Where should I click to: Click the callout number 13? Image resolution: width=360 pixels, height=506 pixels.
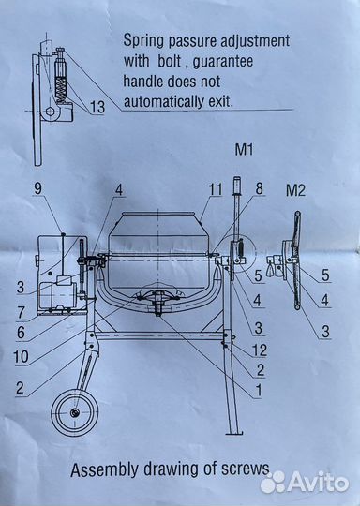tap(97, 107)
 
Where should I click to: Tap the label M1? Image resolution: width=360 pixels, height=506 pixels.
tap(244, 149)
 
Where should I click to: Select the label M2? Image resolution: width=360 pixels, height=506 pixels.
tap(295, 190)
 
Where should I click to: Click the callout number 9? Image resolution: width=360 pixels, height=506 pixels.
tap(37, 188)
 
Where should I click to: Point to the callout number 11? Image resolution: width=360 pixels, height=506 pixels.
tap(216, 189)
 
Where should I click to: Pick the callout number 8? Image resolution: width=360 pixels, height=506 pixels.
tap(259, 188)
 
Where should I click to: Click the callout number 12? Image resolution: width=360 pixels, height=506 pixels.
tap(260, 350)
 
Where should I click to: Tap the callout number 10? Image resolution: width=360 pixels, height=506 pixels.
tap(21, 357)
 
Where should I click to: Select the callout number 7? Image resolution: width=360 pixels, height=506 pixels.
tap(21, 312)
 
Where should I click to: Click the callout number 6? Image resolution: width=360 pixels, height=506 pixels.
tap(21, 333)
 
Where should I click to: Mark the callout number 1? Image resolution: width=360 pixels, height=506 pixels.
tap(259, 391)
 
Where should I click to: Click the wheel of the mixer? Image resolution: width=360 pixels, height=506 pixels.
tap(75, 412)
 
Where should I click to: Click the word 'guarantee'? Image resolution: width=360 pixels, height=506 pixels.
tap(223, 61)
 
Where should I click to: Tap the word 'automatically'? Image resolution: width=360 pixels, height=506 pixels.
tap(164, 101)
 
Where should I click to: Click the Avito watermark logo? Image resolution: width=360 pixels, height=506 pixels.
tap(305, 483)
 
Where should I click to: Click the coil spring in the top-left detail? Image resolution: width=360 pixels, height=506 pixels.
tap(61, 89)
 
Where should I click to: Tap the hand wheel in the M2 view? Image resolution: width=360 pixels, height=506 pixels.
tap(296, 260)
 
